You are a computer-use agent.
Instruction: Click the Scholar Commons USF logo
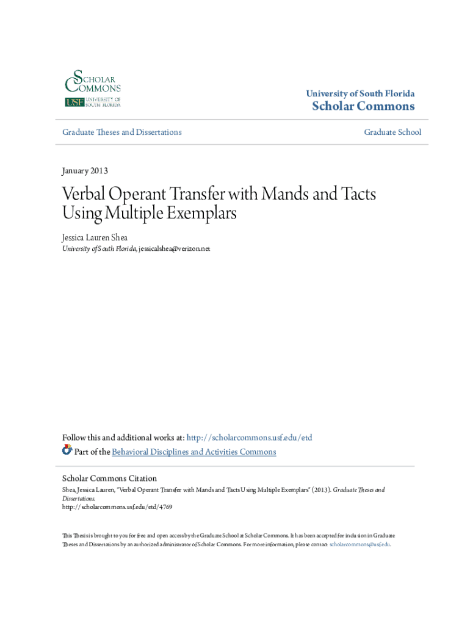coord(93,89)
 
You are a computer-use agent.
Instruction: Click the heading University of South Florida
coord(360,93)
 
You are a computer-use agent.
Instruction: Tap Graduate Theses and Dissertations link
coord(122,132)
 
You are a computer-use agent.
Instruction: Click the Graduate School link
coord(392,132)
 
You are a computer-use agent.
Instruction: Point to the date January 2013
coord(85,171)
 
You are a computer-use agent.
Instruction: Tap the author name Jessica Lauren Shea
coord(95,237)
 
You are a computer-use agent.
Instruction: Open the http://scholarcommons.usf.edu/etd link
coord(249,438)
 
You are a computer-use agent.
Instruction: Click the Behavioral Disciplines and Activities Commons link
coord(193,452)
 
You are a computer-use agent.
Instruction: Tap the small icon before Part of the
coord(67,450)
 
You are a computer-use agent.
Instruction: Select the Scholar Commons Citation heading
coord(110,479)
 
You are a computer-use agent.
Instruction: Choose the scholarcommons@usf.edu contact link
coord(359,544)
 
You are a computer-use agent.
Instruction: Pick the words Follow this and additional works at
coord(123,438)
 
